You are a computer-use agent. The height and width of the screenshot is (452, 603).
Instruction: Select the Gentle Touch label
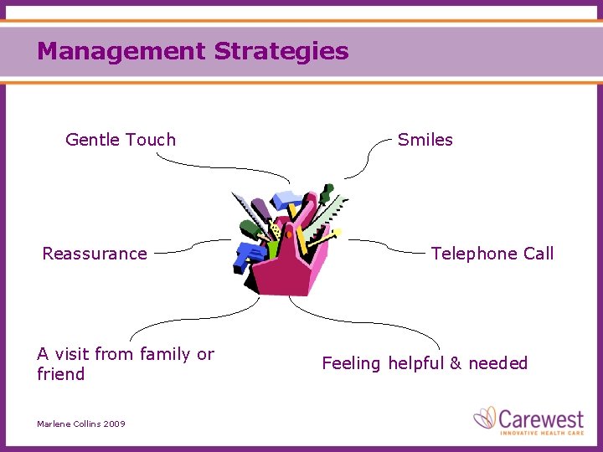point(121,140)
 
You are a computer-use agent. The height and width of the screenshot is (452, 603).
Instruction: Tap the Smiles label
point(425,140)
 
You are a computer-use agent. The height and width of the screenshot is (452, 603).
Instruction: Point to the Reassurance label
point(95,254)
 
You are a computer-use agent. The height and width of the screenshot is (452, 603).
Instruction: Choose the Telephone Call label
point(492,254)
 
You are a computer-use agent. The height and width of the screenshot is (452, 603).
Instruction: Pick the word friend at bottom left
point(60,374)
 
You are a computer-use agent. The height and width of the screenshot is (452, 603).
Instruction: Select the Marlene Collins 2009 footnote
point(81,424)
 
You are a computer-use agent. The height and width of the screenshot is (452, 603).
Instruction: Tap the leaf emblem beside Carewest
point(485,417)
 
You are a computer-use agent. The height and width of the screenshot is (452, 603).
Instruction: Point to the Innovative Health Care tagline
point(541,432)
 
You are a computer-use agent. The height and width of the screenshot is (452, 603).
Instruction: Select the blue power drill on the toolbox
point(249,254)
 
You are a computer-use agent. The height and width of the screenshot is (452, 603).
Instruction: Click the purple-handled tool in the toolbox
point(260,208)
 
